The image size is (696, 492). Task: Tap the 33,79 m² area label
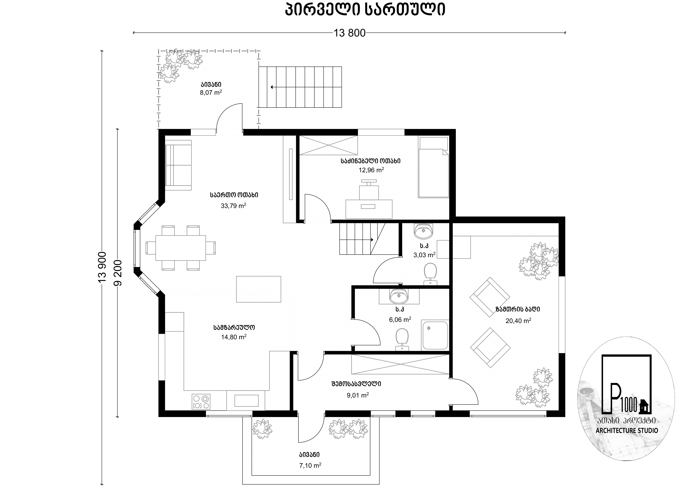click(233, 206)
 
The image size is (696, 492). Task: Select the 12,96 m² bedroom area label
click(371, 170)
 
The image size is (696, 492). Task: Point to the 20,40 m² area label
click(518, 321)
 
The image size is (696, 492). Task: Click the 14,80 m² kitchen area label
click(234, 337)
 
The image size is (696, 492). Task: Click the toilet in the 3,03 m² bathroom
click(430, 274)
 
